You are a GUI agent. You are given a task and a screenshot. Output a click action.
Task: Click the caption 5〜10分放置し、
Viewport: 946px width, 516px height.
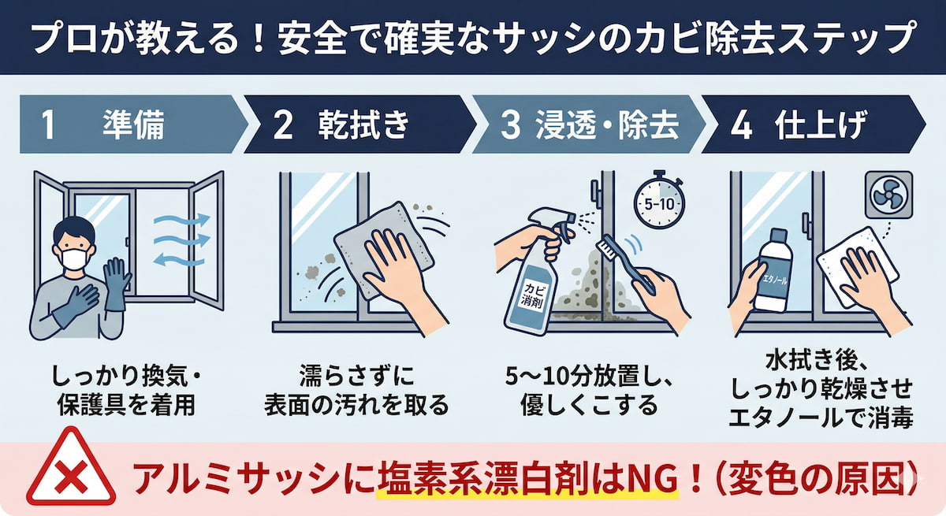click(588, 377)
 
